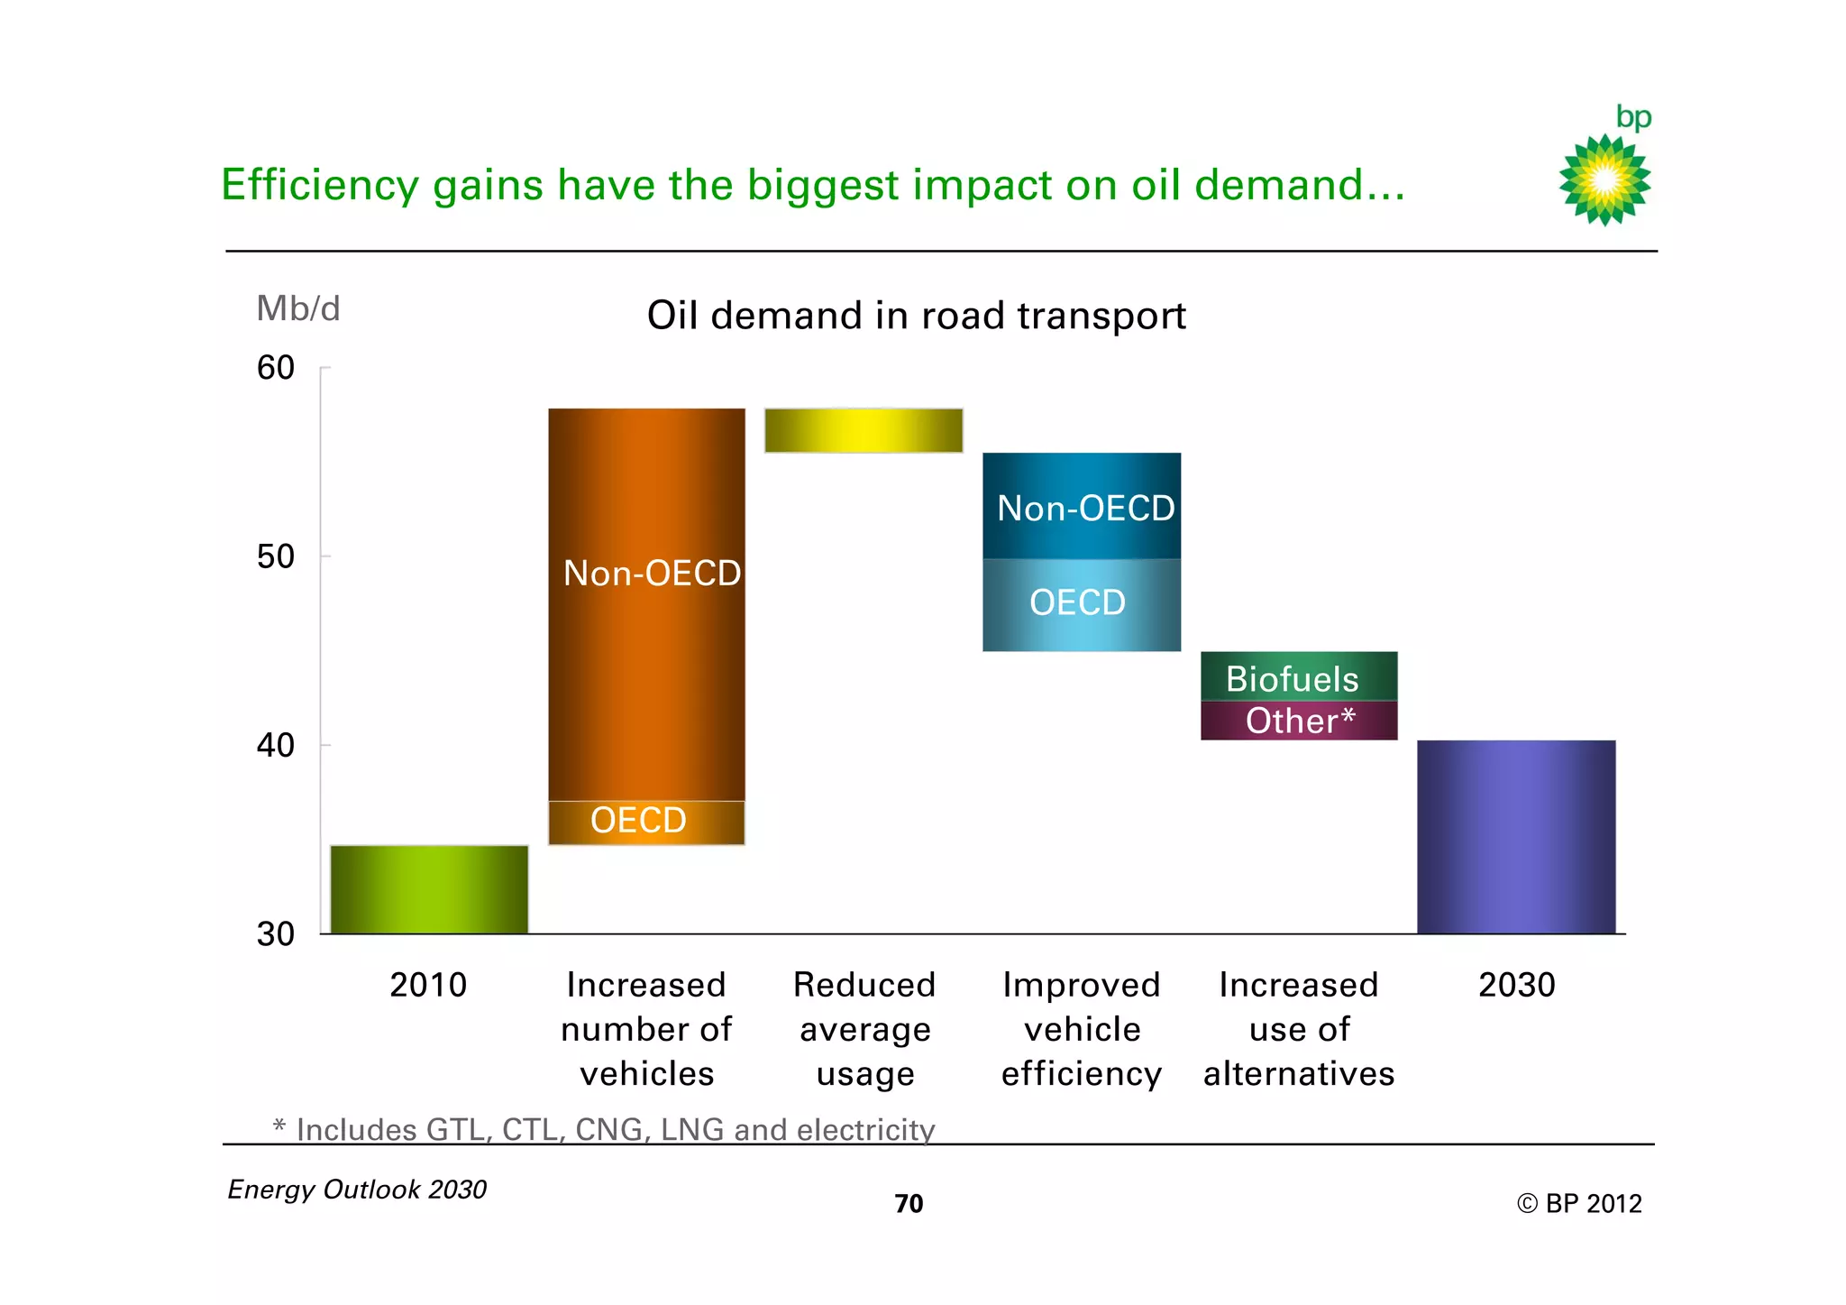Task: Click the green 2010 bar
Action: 429,888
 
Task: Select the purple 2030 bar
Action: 1516,836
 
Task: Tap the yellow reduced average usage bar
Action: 864,430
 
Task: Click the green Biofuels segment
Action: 1299,676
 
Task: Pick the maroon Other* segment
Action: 1299,721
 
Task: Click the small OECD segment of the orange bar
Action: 646,822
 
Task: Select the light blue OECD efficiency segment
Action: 1081,604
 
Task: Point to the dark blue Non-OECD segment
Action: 1081,506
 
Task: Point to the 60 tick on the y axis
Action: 276,368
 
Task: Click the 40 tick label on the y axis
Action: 276,745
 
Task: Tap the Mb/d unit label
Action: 298,308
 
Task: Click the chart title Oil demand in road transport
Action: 916,316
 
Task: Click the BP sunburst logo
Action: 1604,179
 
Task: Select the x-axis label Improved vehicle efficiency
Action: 1081,1029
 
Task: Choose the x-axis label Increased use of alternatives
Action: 1299,1029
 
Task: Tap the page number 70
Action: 909,1203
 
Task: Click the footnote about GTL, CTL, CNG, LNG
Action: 604,1129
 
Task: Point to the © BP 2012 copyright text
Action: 1579,1203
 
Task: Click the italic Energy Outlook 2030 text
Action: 357,1189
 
